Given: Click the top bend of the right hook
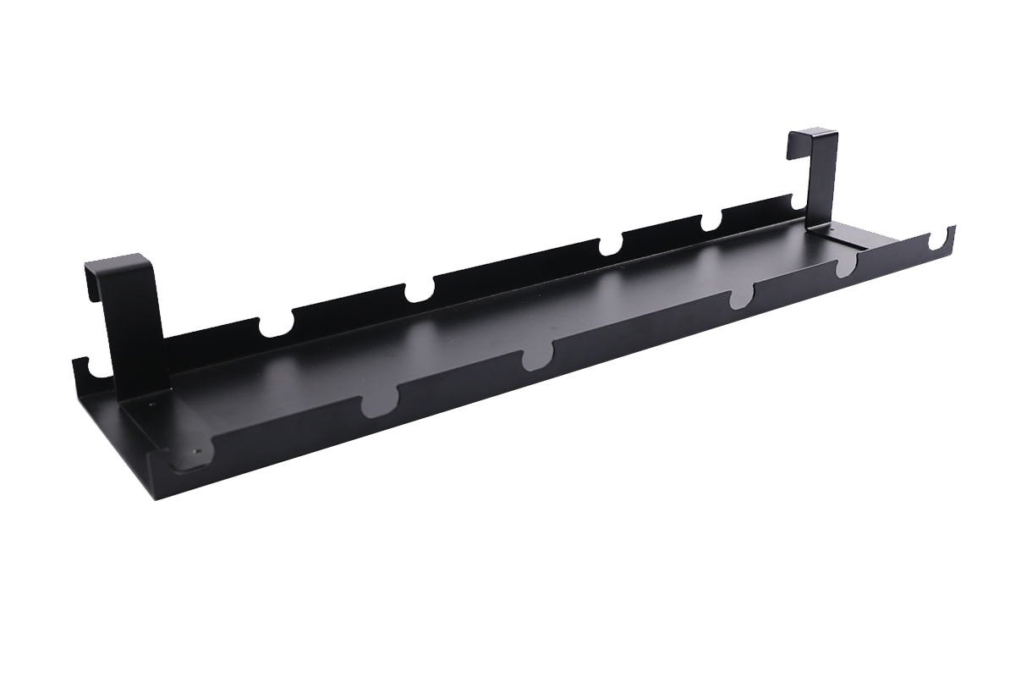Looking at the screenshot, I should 814,133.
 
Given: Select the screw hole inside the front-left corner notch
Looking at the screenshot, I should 198,451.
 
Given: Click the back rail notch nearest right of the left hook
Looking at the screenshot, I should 276,326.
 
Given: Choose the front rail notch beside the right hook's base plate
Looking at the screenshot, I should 846,269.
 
